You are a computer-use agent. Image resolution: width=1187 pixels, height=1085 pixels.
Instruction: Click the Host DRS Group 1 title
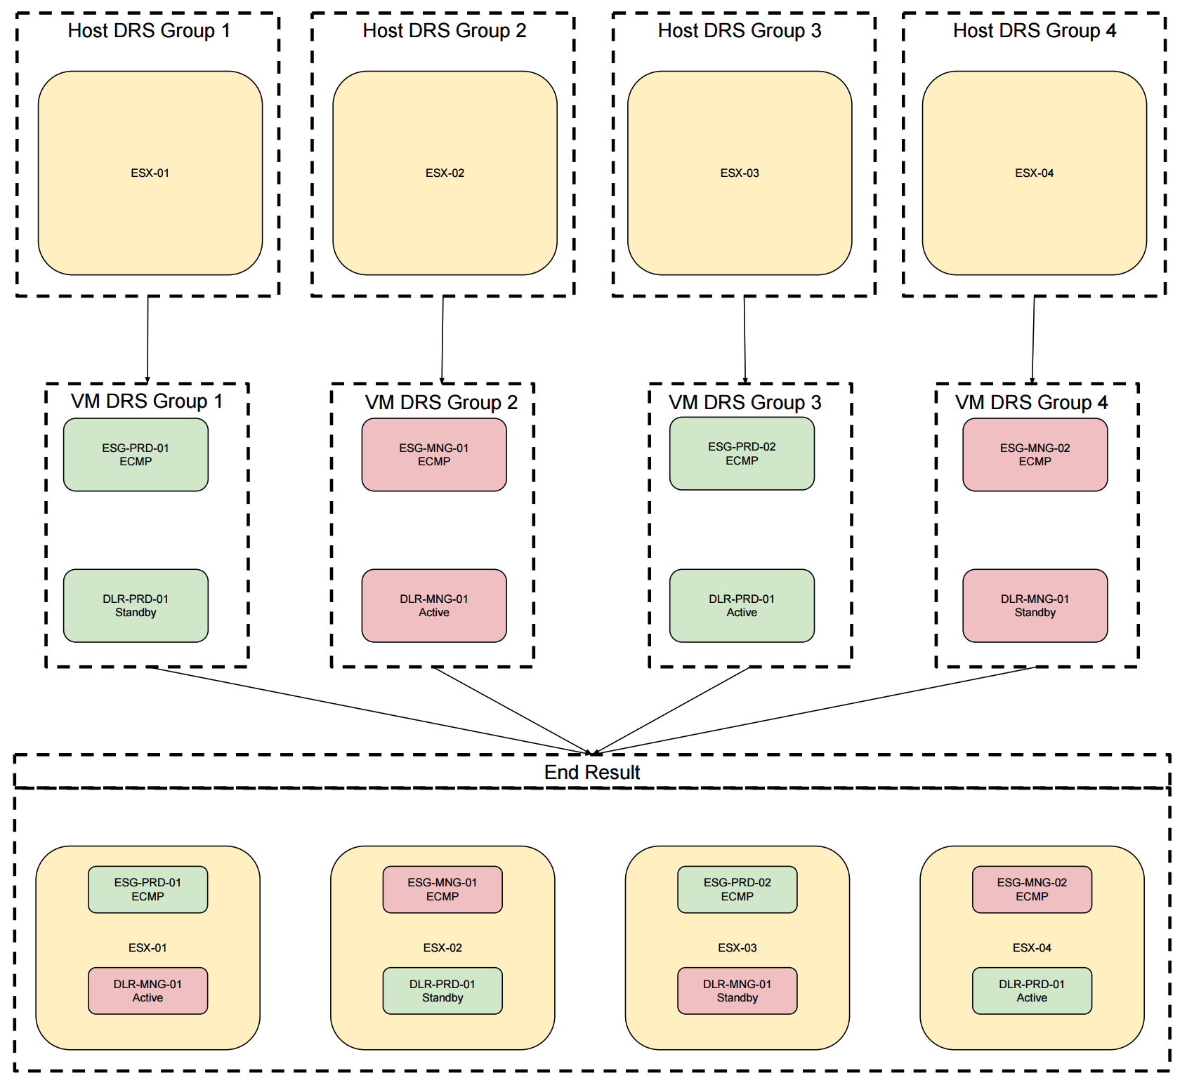148,31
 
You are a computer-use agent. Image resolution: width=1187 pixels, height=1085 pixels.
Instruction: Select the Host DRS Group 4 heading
1034,31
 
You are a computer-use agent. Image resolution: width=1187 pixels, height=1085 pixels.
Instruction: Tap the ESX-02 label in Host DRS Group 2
445,173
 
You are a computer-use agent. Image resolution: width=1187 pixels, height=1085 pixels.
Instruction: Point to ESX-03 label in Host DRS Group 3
740,173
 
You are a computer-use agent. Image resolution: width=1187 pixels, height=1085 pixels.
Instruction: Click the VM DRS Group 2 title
441,403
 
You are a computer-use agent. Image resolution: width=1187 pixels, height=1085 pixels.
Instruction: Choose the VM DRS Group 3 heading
745,403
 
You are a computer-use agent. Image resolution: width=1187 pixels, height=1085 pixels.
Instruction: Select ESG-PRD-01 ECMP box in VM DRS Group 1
136,455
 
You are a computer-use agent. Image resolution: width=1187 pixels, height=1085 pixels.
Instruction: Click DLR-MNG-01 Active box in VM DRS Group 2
434,606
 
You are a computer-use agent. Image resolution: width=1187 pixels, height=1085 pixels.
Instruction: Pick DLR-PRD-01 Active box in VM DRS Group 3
742,606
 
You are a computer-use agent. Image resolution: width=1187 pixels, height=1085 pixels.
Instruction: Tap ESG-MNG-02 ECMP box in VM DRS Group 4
1035,455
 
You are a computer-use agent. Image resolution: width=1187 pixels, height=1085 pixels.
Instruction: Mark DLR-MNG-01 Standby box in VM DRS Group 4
1035,606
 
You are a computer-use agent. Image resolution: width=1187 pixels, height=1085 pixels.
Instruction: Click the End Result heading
592,773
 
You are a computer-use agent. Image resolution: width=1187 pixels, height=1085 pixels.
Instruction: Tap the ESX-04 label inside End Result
1032,948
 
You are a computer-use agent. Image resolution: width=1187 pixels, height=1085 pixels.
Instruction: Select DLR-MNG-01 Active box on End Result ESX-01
147,991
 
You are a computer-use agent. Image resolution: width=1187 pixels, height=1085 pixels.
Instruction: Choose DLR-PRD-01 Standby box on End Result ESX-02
442,991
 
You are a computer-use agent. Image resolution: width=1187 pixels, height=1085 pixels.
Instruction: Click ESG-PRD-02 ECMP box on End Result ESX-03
737,889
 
